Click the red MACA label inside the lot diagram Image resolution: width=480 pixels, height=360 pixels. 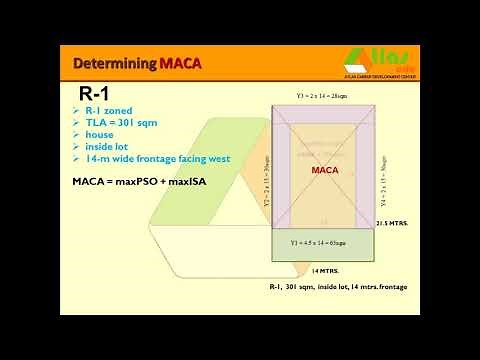point(326,170)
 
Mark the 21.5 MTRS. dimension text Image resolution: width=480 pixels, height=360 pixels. point(391,225)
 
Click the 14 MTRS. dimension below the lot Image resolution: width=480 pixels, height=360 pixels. point(326,270)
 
